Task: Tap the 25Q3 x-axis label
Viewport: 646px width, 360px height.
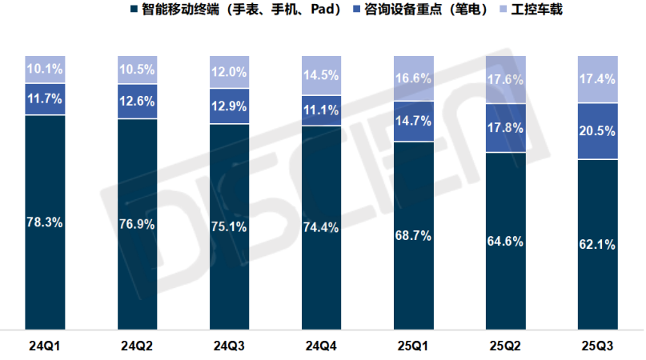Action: click(598, 346)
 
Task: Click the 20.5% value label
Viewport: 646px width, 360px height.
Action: click(598, 131)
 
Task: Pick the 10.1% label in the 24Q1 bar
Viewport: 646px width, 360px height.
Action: click(45, 69)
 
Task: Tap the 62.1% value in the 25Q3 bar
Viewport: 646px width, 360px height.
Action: click(598, 245)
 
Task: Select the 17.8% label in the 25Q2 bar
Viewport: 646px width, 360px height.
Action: click(506, 127)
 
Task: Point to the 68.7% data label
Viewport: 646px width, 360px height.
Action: click(414, 235)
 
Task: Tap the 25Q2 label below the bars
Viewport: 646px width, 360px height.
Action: click(506, 346)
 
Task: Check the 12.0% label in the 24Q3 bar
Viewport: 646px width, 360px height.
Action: click(230, 71)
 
